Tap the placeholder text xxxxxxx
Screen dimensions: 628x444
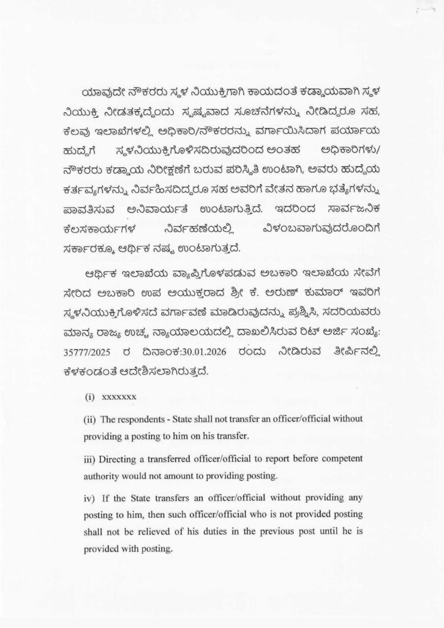(x=119, y=397)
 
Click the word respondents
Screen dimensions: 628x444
(x=145, y=419)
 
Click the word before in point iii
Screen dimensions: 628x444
(x=304, y=459)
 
